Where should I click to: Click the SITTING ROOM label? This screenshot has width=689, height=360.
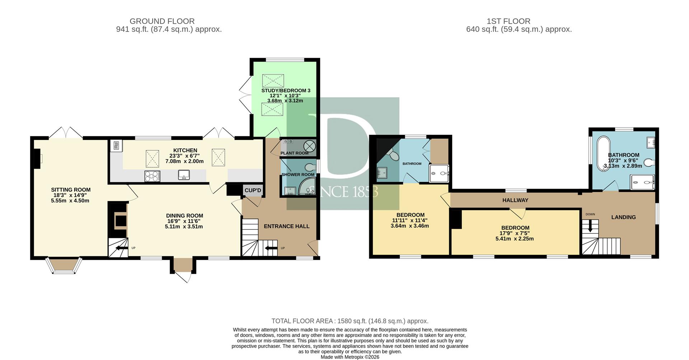[71, 190]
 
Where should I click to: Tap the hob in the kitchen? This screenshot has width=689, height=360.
[152, 176]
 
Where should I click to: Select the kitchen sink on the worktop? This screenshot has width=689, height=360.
[184, 175]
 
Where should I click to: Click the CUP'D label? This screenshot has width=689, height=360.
[253, 190]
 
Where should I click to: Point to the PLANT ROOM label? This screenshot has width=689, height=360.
[295, 153]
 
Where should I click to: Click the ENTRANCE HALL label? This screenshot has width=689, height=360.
[287, 226]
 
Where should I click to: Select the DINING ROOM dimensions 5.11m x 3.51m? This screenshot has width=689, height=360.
[184, 227]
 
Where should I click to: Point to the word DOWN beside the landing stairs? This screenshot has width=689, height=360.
[590, 214]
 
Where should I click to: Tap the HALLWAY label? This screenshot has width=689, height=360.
[515, 200]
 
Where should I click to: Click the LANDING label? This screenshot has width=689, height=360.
[624, 217]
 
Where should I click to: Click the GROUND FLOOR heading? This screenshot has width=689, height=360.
[162, 21]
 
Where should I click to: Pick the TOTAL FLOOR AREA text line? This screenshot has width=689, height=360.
[350, 321]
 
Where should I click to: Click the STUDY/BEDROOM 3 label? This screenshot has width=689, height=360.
[286, 91]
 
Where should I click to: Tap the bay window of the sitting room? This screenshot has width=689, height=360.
[65, 266]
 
